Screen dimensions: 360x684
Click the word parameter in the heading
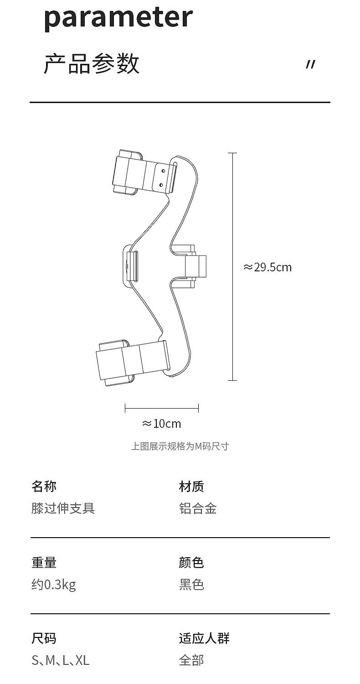[118, 17]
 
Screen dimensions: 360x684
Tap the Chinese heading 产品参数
[92, 63]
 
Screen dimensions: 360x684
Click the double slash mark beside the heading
[310, 65]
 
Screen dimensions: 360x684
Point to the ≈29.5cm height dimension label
[267, 267]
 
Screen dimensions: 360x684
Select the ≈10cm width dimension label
[161, 424]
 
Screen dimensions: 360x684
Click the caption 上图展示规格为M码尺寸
[180, 446]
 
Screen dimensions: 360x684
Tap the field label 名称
[44, 486]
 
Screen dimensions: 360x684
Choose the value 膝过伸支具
[63, 508]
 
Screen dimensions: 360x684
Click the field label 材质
[191, 486]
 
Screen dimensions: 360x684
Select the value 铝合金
[198, 508]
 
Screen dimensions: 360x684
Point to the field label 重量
[44, 562]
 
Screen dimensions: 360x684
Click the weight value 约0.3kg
[53, 584]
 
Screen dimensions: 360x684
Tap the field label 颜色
[191, 562]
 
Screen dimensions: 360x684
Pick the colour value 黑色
[191, 584]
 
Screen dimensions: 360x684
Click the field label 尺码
[44, 638]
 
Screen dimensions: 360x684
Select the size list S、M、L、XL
[60, 660]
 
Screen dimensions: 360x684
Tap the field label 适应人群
[204, 638]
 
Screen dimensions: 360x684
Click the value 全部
[191, 660]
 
